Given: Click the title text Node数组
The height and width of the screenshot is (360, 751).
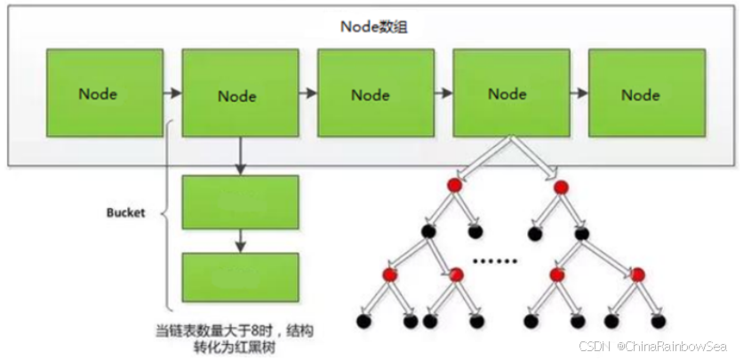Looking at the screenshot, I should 374,27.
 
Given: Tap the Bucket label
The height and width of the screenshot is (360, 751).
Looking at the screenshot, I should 126,214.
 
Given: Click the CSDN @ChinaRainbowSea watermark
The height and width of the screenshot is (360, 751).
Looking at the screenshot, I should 661,345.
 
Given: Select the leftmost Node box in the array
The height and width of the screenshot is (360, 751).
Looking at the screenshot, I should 104,93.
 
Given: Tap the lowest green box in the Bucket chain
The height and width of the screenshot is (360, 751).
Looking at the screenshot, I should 240,276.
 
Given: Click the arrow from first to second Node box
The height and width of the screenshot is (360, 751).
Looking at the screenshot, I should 172,92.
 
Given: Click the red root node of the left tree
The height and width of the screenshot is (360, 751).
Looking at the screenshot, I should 453,186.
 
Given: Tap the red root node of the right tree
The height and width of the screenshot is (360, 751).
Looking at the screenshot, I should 562,188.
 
